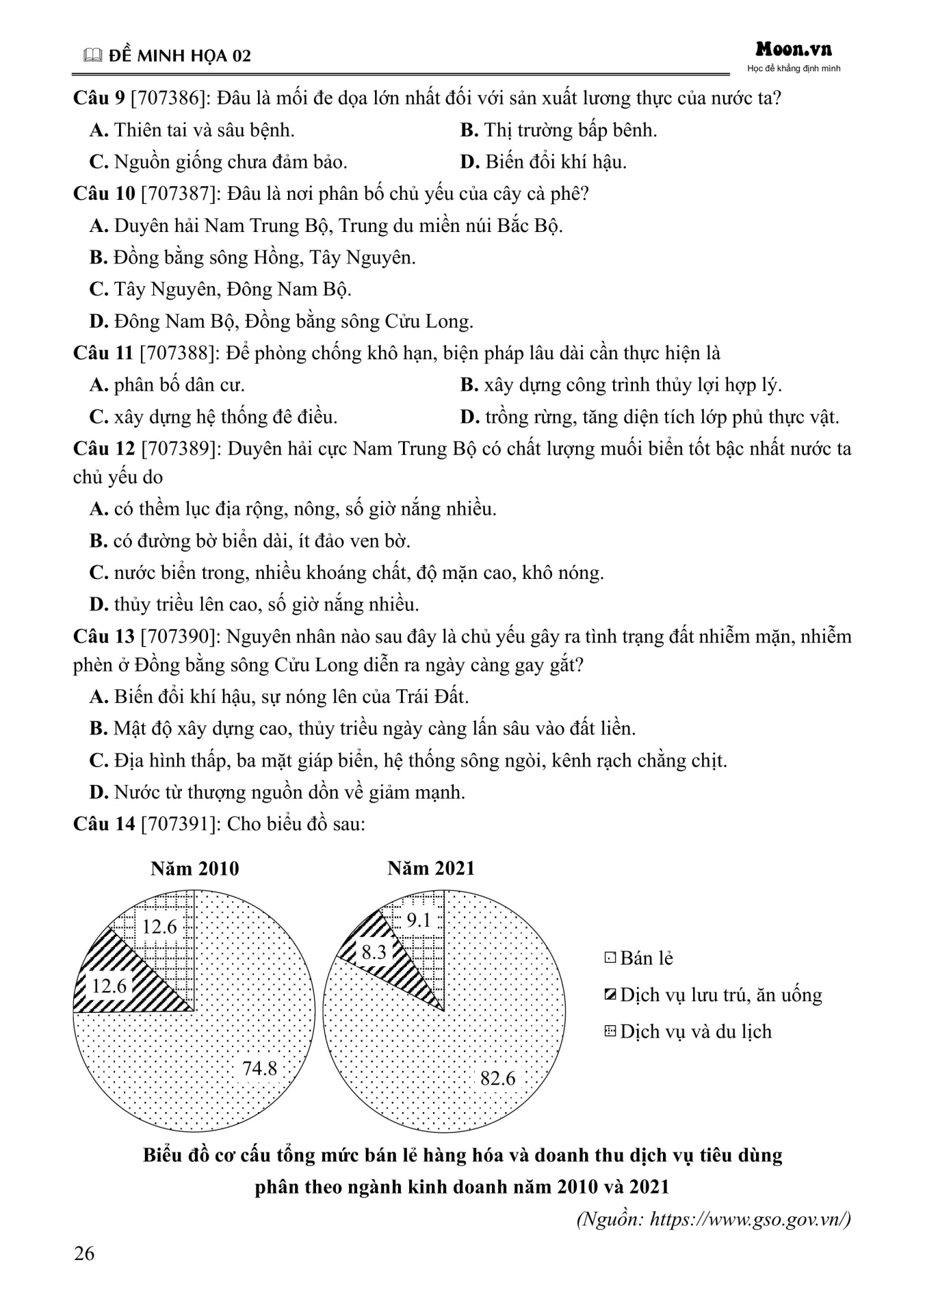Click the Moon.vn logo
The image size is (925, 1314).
794,49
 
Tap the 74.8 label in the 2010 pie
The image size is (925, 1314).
259,1068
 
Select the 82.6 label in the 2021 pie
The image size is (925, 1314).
497,1079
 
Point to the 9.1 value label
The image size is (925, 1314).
418,920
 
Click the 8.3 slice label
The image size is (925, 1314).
374,951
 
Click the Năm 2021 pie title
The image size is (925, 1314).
430,868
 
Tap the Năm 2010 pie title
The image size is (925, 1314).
195,869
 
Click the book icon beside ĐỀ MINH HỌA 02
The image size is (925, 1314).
91,57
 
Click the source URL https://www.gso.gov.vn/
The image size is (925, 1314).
750,1219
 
